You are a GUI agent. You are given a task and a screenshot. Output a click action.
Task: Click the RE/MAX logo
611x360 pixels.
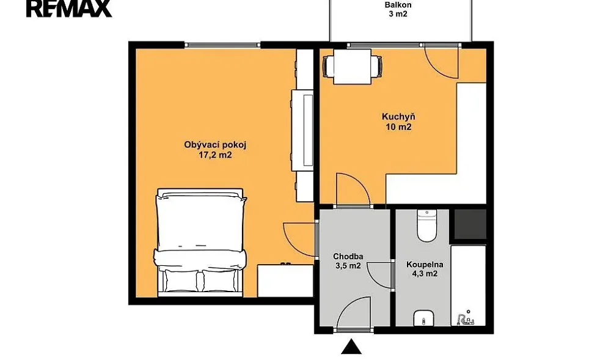pos(69,8)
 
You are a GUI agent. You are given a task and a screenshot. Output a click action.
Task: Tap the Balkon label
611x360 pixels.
pos(398,5)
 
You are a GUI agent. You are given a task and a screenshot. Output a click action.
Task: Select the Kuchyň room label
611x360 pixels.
pos(398,117)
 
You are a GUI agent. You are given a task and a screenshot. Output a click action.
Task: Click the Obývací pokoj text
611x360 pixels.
pos(215,145)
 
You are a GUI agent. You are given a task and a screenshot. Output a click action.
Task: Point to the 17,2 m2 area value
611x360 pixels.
pos(215,155)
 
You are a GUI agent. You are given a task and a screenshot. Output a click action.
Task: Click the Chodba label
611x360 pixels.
pos(348,256)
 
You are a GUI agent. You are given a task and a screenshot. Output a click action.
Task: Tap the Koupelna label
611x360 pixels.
pos(425,264)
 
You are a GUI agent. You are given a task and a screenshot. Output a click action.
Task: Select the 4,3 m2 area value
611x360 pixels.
pos(425,274)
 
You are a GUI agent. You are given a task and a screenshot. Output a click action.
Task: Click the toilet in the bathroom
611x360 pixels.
pos(427,226)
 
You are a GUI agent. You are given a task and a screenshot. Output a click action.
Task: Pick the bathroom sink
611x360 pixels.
pos(424,318)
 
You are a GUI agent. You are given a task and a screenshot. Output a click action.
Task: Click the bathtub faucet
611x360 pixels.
pos(465,318)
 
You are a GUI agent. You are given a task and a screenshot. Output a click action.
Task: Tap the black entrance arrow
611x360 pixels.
pos(352,347)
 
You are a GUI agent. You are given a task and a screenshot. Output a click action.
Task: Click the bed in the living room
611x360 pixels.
pos(200,242)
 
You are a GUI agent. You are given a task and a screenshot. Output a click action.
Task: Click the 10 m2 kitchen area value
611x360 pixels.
pos(398,127)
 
